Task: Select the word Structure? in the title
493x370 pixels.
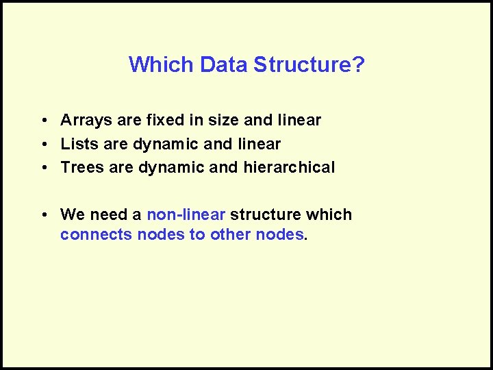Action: point(309,64)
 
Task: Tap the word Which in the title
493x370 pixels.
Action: point(162,64)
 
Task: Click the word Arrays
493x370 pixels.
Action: point(86,121)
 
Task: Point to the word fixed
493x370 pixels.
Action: point(165,121)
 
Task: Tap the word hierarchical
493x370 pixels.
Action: point(289,167)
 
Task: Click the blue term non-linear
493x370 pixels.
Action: point(186,214)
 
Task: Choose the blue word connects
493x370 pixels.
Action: point(97,235)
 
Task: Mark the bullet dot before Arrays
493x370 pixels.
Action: point(43,121)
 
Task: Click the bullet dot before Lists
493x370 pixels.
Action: point(43,145)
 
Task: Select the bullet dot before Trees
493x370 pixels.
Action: point(43,168)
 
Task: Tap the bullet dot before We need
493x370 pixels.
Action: point(43,215)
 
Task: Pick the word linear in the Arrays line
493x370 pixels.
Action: point(299,121)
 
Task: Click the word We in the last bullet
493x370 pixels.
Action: point(72,214)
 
